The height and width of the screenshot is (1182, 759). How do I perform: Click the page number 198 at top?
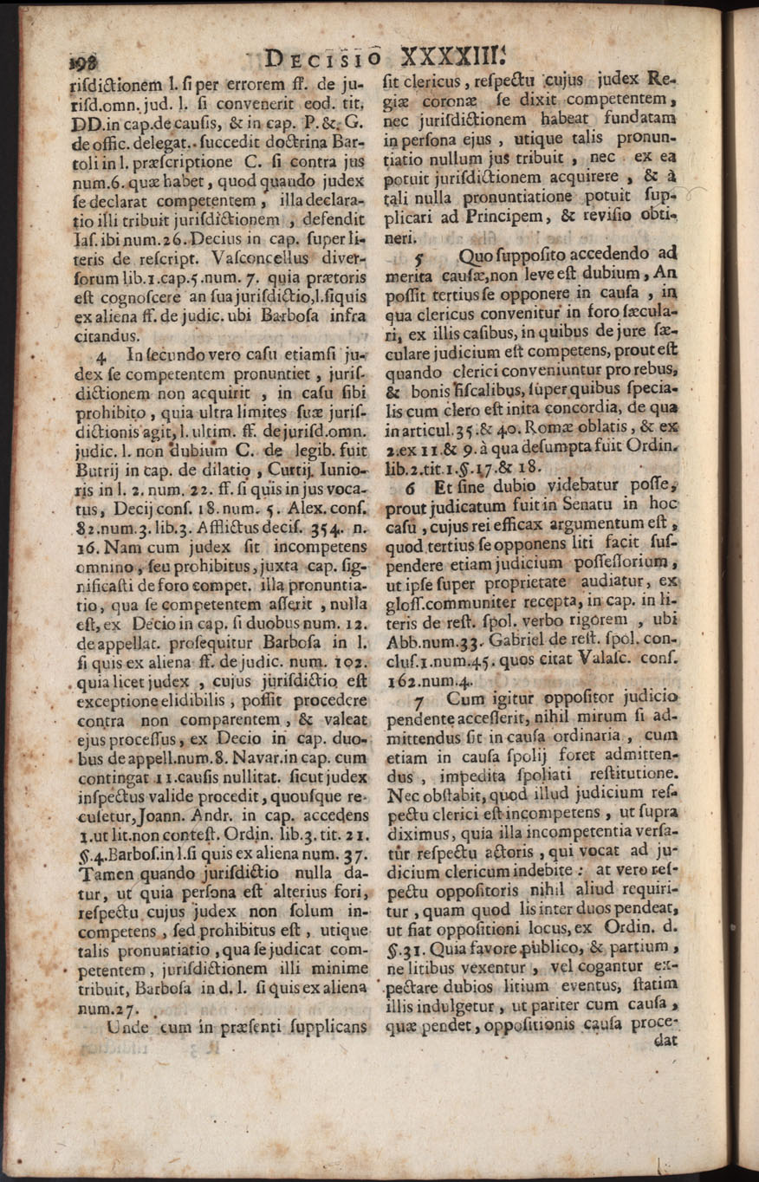(81, 61)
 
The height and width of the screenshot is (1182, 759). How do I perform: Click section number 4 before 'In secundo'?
(107, 354)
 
